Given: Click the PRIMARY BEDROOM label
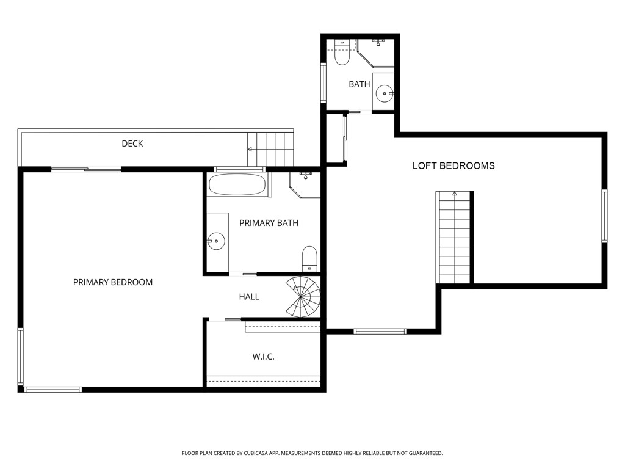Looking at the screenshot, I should tap(113, 282).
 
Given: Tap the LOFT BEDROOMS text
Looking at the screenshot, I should tap(453, 165).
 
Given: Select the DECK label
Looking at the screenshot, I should tap(132, 144).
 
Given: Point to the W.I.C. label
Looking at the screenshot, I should tap(263, 357).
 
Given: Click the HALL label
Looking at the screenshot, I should tap(249, 297).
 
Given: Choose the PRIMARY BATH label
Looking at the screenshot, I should tap(269, 223).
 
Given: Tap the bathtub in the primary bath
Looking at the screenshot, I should tap(237, 184).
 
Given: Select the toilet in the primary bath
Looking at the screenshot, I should tap(310, 258).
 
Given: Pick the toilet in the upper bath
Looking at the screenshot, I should tap(342, 53).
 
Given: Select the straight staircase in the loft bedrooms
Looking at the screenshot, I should tap(454, 238).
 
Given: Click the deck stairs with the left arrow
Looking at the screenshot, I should tap(270, 148).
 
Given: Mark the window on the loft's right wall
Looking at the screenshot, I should tap(604, 216).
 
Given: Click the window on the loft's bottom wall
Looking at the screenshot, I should tap(380, 331).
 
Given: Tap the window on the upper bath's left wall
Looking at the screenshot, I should tap(324, 82).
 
